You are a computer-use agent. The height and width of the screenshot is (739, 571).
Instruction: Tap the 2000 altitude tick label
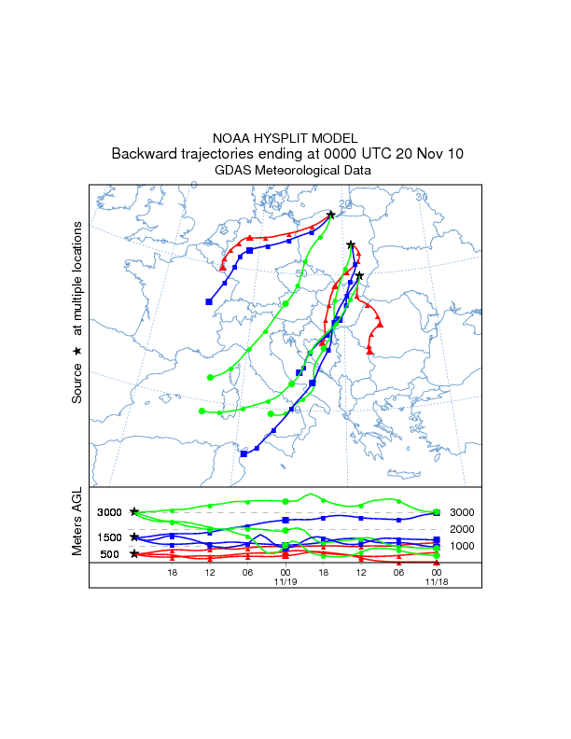click(463, 529)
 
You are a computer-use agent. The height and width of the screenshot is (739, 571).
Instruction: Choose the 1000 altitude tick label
click(463, 546)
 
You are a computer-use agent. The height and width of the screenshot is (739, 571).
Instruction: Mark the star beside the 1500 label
click(134, 537)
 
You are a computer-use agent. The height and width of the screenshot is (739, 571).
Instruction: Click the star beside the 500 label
click(134, 554)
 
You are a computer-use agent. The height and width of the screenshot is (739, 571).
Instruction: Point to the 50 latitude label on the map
click(300, 272)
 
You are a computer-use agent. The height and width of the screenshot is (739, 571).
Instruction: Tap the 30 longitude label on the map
click(421, 197)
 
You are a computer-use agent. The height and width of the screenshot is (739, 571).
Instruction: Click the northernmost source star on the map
click(331, 215)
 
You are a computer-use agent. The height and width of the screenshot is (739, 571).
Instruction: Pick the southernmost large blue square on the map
click(244, 454)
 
